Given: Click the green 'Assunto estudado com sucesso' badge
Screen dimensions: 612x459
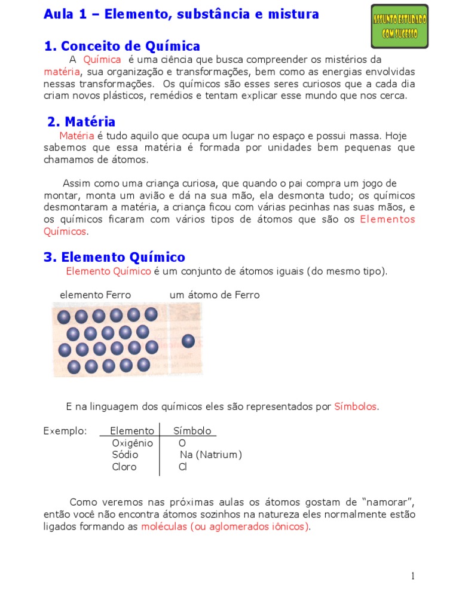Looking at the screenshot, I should (400, 26).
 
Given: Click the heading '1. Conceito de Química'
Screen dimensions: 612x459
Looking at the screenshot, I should (122, 46).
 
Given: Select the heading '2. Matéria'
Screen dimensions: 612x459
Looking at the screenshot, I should (81, 122).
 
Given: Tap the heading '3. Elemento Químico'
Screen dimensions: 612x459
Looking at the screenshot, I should (114, 257).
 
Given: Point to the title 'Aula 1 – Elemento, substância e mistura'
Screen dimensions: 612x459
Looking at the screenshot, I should (181, 14).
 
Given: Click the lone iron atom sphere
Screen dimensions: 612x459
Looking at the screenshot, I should (188, 341).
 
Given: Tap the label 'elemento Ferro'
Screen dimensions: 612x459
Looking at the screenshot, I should (95, 295).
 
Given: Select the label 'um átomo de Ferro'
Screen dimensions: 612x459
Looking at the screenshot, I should (215, 295).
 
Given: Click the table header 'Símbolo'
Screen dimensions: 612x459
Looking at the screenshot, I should (192, 431).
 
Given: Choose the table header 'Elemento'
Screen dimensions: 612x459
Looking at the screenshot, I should (132, 431).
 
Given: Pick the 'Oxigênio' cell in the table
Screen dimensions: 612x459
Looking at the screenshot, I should (132, 443).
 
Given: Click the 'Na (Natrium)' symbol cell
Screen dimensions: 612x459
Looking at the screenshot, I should (211, 455).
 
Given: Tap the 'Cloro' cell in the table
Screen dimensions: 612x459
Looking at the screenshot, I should (124, 467).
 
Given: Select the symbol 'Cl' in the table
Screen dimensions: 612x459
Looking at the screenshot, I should (183, 467).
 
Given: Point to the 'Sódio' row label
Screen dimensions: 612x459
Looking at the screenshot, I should (125, 455).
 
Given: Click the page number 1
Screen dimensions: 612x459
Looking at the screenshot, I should (412, 576).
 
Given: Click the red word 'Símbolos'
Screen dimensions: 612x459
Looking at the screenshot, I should (356, 406).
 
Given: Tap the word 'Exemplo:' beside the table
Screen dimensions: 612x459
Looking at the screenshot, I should (65, 431).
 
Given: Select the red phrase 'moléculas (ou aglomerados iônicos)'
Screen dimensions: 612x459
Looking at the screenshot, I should (225, 527).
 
